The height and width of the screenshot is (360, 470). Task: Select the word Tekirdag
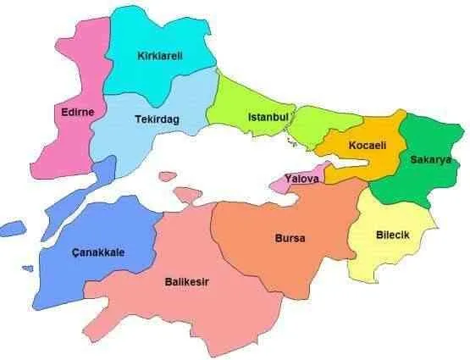(158, 120)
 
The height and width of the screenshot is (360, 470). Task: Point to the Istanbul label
(269, 116)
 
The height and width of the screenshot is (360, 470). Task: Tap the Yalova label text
(302, 180)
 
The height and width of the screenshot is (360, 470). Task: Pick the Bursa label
(290, 238)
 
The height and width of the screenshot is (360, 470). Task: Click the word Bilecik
(392, 235)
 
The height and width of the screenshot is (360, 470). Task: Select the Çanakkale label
(98, 252)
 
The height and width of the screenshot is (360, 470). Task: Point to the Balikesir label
(186, 282)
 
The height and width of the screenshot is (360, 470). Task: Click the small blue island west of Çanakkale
(12, 228)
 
